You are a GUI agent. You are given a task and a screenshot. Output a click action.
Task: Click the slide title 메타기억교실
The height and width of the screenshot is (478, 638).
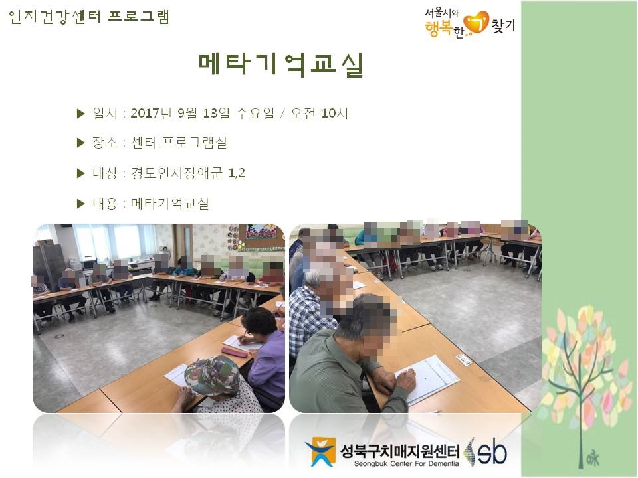[280, 65]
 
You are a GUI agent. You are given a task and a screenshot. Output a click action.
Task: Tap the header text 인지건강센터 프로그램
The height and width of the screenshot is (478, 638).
[88, 17]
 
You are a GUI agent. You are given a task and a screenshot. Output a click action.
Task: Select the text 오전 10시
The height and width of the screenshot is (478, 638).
[319, 113]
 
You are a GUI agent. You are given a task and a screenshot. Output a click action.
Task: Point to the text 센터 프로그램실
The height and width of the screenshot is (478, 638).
[179, 143]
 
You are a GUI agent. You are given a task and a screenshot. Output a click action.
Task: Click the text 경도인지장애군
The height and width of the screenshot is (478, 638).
[177, 173]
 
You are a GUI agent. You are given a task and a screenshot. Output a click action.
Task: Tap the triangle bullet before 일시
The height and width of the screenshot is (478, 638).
[80, 114]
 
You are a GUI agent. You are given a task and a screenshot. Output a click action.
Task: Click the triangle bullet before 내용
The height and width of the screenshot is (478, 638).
[80, 204]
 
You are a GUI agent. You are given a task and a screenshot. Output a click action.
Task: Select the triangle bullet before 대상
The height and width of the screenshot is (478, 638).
[80, 173]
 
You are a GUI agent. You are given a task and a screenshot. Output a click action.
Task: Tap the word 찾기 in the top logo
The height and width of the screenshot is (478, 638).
[503, 25]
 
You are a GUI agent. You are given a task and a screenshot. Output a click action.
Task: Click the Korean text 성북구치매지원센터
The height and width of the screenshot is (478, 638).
[400, 451]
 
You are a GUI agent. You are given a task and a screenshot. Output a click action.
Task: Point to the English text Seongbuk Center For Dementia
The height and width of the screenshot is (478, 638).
[406, 464]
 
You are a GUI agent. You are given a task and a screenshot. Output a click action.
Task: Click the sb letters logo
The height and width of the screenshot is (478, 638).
[492, 452]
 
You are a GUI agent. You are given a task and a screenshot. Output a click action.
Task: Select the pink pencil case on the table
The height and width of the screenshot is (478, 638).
[235, 352]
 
